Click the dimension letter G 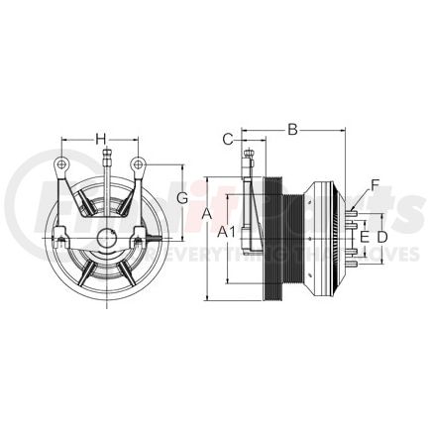182,198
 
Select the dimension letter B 292,127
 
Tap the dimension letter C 227,139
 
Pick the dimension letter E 364,237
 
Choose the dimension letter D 382,237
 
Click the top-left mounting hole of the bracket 61,164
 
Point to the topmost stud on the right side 354,210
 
